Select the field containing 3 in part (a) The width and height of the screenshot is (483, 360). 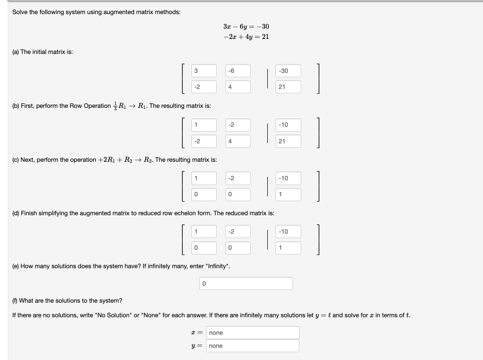[x=204, y=71]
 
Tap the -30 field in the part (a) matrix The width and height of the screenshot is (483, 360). [x=289, y=71]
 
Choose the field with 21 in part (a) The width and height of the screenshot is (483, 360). [x=289, y=87]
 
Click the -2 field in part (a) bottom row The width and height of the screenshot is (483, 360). [x=204, y=87]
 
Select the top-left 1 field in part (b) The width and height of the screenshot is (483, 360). [x=204, y=125]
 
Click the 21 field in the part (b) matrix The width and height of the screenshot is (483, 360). [x=289, y=141]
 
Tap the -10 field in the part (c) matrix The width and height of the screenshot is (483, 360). [x=289, y=178]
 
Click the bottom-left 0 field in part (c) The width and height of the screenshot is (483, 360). [x=204, y=194]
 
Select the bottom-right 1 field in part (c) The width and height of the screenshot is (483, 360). [x=289, y=194]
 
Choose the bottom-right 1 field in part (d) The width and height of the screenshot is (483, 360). [x=289, y=248]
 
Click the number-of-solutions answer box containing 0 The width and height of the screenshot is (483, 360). [x=246, y=283]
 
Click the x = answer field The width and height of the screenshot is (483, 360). [x=253, y=333]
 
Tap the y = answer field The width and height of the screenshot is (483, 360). [x=253, y=345]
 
